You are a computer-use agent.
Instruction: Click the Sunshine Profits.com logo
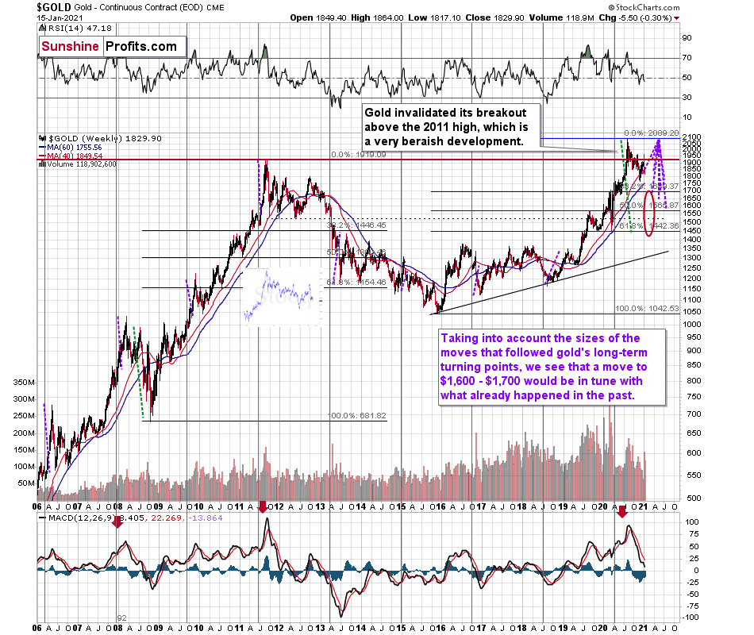point(110,47)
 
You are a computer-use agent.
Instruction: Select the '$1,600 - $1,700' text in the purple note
point(487,380)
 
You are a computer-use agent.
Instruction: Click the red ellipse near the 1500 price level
point(650,214)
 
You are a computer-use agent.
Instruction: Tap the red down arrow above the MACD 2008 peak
point(117,523)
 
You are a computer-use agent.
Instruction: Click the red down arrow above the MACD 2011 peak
point(262,506)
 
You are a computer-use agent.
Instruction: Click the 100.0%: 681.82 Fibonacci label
point(356,416)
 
